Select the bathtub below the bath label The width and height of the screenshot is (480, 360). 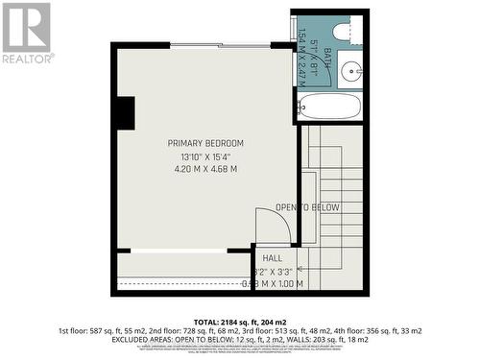click(x=328, y=106)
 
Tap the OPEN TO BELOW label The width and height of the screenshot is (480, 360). click(x=307, y=207)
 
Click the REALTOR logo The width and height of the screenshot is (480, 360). click(x=27, y=33)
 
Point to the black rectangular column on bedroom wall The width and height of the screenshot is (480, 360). click(x=124, y=112)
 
